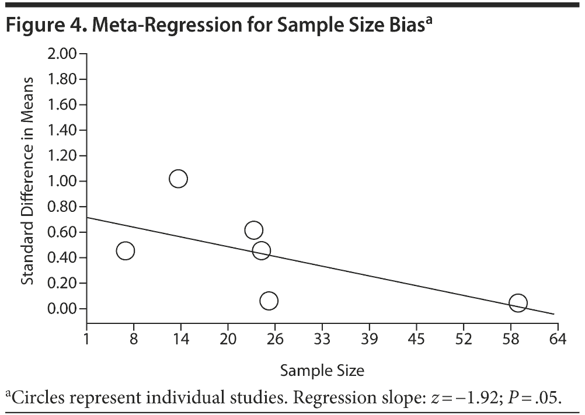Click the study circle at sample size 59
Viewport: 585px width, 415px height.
[x=518, y=303]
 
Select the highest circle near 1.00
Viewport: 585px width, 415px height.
[x=178, y=179]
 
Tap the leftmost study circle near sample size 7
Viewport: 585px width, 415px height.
[x=125, y=251]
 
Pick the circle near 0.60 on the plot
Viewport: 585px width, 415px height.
[x=253, y=230]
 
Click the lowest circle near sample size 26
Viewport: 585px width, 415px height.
[x=269, y=301]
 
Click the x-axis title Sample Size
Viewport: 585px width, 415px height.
[x=322, y=371]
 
